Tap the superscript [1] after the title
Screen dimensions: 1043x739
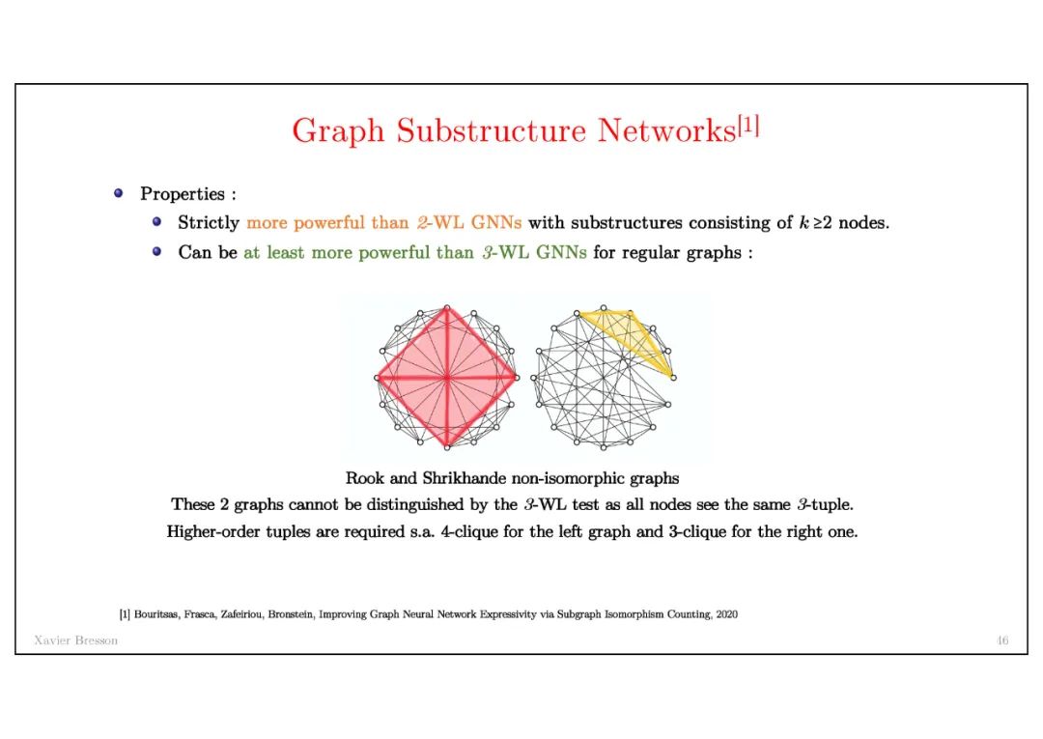point(748,126)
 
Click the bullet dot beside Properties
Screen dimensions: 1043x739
point(119,193)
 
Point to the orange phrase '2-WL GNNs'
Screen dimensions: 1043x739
point(474,223)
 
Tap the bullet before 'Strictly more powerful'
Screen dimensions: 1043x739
point(157,222)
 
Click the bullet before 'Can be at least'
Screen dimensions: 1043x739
point(157,252)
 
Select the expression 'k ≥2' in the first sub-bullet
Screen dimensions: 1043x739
point(816,223)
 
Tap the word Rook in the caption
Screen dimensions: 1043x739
point(364,478)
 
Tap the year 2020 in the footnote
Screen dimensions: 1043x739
point(725,613)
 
